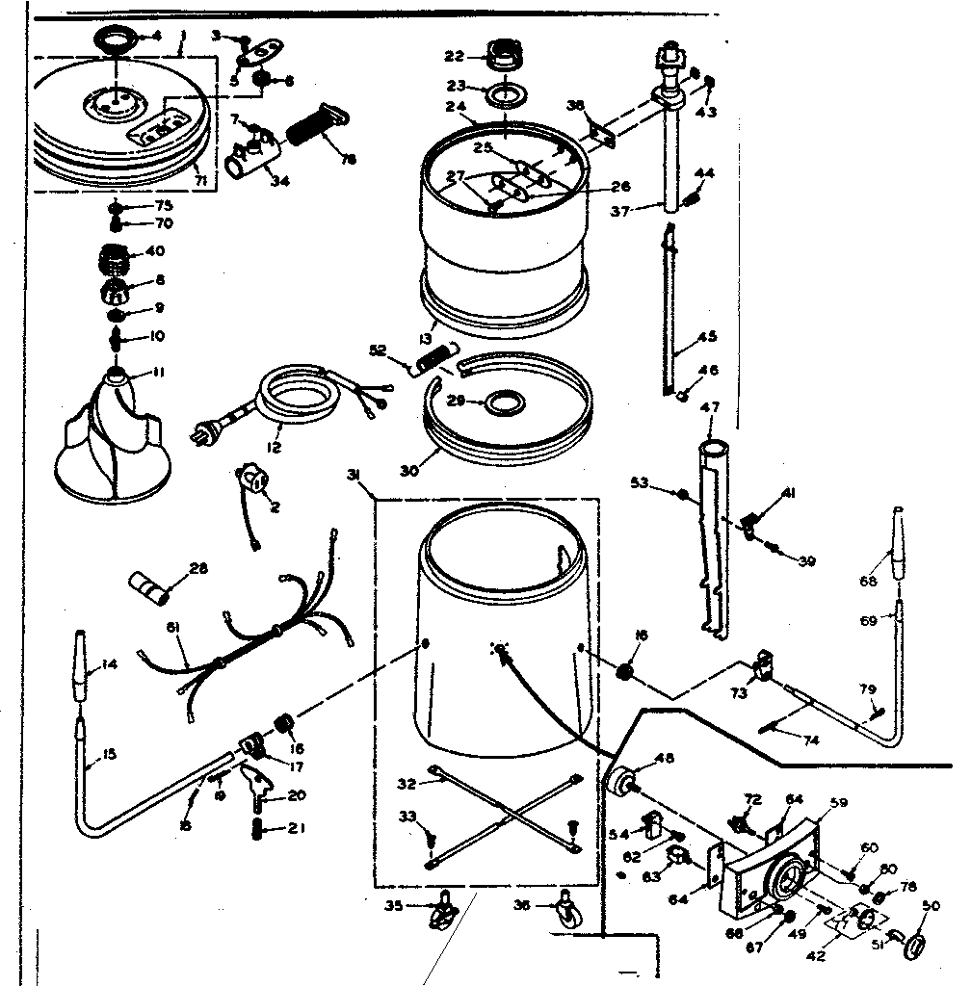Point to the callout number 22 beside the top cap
click(x=453, y=57)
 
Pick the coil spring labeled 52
click(x=434, y=361)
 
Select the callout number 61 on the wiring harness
click(x=173, y=629)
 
